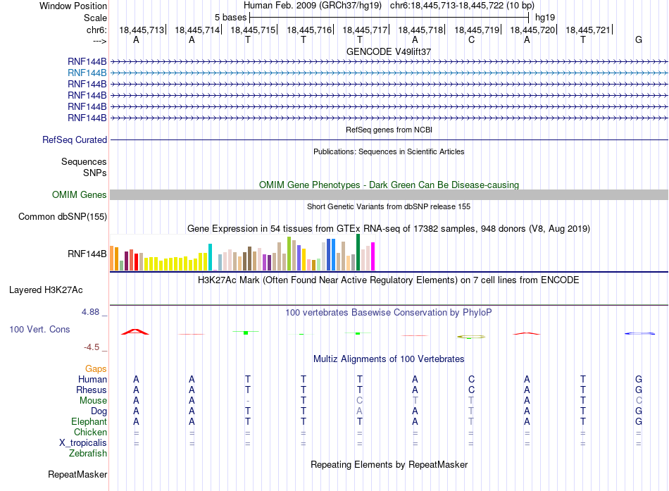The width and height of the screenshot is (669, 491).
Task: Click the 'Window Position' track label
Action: tap(73, 6)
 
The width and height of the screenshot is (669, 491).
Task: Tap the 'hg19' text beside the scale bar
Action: tap(545, 18)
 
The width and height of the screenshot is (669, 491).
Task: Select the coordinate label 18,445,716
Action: tap(309, 30)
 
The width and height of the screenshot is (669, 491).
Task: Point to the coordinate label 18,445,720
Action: tap(532, 30)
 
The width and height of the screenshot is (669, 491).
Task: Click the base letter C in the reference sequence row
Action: tap(471, 39)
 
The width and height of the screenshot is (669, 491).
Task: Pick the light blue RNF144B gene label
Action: tap(87, 73)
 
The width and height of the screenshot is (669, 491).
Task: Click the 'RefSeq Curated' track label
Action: tap(75, 139)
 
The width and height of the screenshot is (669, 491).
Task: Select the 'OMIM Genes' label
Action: tap(80, 194)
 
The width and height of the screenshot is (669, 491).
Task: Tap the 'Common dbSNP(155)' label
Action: tap(63, 216)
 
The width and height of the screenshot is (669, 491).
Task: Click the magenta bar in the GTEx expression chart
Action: tap(373, 256)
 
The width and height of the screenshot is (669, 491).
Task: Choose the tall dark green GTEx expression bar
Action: tap(358, 252)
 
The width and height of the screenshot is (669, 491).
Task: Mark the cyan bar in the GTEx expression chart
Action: tap(210, 257)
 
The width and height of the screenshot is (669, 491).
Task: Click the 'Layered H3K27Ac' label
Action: tap(46, 290)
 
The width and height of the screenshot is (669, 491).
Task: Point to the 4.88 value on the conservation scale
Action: tap(90, 312)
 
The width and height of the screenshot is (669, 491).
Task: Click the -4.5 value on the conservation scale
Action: tap(92, 347)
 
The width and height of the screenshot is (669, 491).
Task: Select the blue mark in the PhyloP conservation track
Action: tap(639, 333)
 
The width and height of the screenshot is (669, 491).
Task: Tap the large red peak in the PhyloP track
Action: tap(135, 331)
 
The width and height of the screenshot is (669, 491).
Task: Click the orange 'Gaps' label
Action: tap(96, 368)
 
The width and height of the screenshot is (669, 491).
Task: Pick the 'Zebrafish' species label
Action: tap(88, 453)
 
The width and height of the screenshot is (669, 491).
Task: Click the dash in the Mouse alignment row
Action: tap(248, 401)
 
